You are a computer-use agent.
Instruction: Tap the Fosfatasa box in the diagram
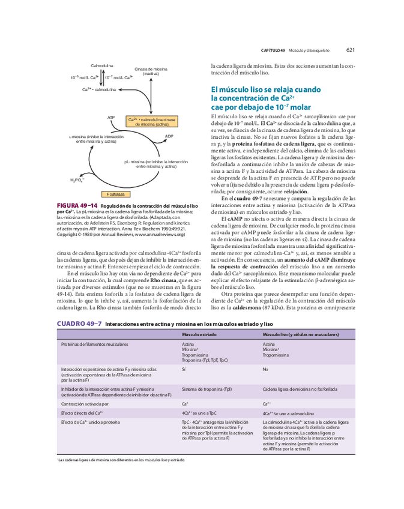pyautogui.click(x=116, y=194)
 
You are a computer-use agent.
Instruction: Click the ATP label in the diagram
pyautogui.click(x=110, y=117)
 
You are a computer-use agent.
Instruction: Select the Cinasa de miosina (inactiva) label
pyautogui.click(x=151, y=71)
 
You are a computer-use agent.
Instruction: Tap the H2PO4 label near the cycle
pyautogui.click(x=77, y=179)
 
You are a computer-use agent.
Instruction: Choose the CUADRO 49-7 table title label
pyautogui.click(x=79, y=324)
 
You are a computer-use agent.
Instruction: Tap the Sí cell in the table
pyautogui.click(x=184, y=370)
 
